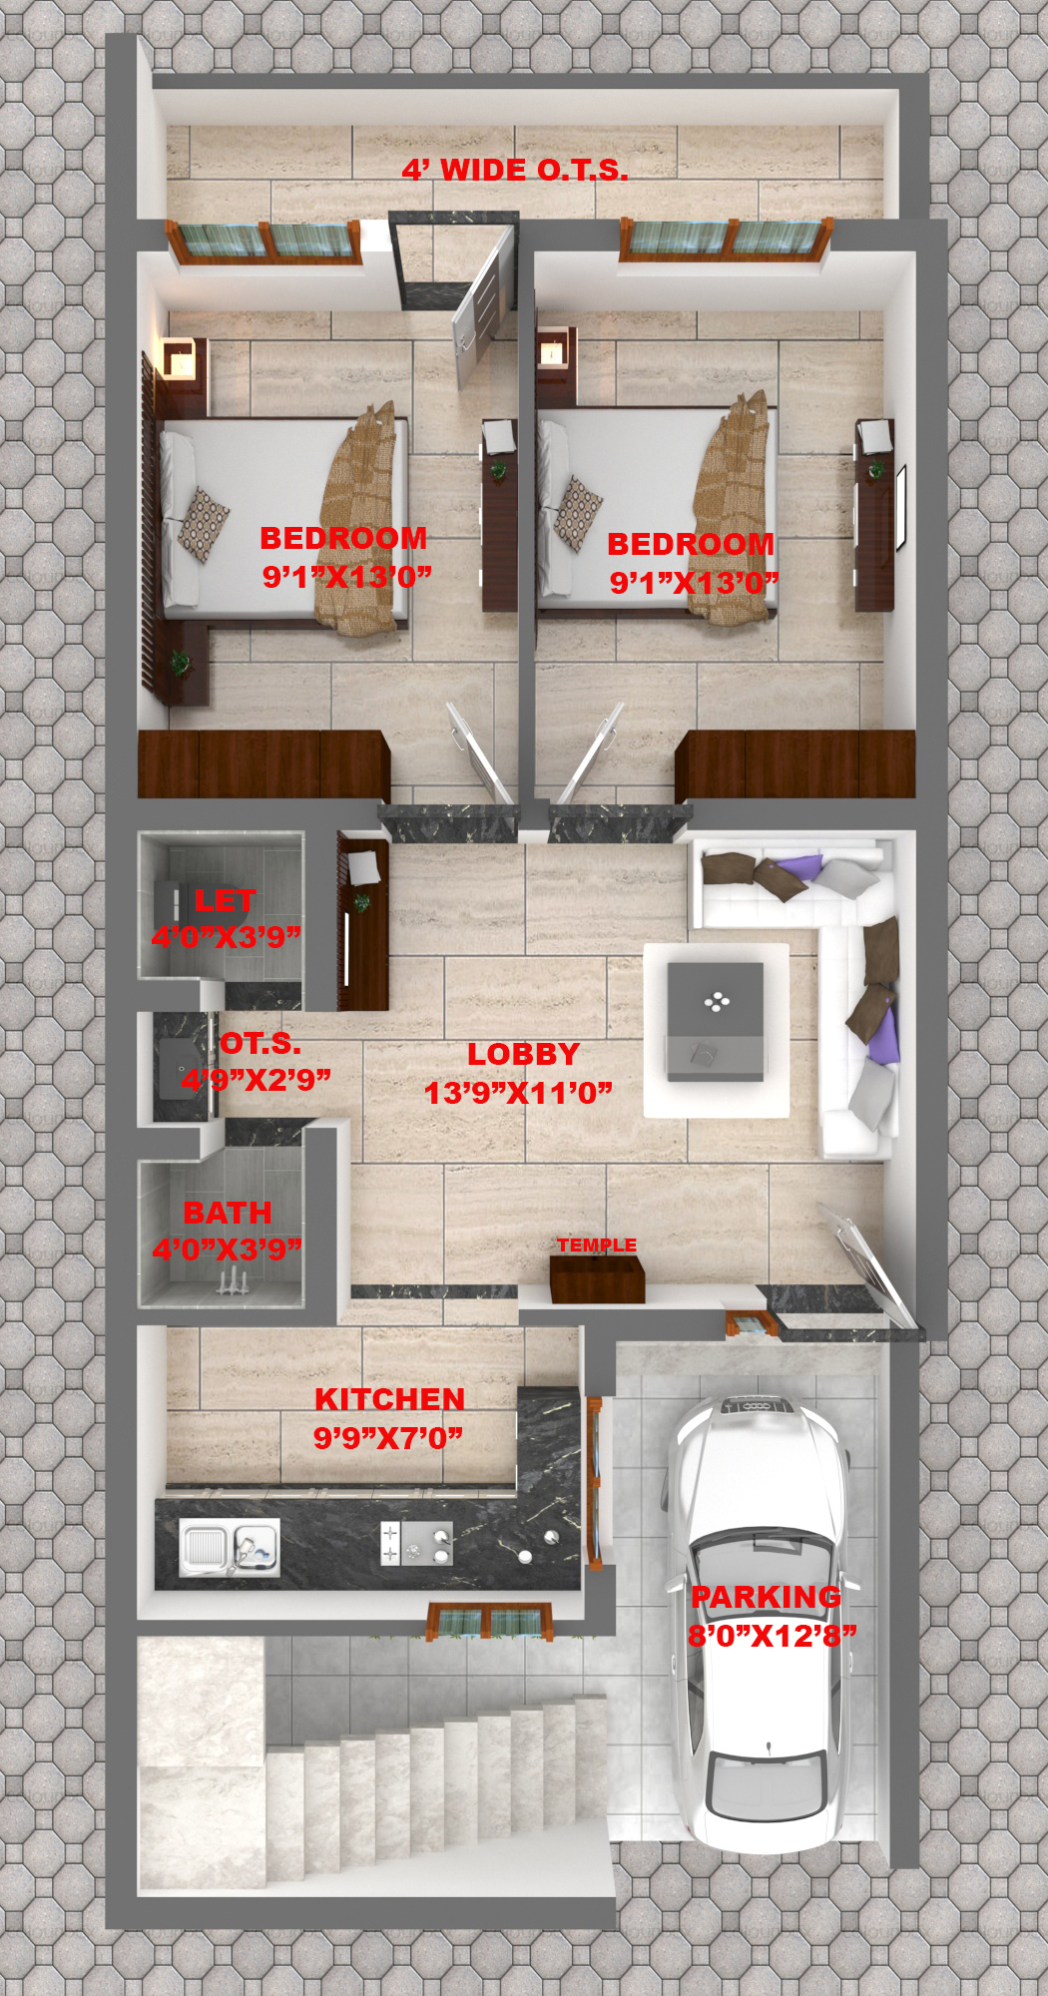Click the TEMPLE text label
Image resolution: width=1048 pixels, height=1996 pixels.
tap(597, 1245)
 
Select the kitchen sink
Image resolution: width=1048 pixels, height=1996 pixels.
tap(230, 1548)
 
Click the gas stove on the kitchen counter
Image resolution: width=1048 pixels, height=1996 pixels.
tap(416, 1543)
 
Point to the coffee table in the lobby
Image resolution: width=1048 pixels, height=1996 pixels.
tap(716, 1020)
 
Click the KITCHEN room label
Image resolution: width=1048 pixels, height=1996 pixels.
tap(390, 1399)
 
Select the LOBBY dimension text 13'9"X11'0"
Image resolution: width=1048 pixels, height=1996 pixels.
tap(518, 1093)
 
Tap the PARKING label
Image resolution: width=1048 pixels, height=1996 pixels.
tap(767, 1597)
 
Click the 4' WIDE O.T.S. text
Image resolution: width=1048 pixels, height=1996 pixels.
tap(515, 170)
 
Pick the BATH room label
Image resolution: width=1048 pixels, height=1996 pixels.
tap(228, 1213)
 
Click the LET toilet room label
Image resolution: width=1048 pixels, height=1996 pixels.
tap(225, 901)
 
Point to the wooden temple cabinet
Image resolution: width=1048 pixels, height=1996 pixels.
tap(597, 1279)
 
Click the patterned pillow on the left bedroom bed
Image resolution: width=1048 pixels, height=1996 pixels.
tap(204, 524)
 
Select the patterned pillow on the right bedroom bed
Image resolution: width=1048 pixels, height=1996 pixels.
tap(578, 514)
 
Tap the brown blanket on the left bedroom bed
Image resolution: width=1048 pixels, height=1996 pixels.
tap(357, 518)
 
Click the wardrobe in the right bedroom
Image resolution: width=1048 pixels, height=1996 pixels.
tap(794, 764)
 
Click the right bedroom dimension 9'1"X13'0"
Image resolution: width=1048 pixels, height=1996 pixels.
tap(694, 583)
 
